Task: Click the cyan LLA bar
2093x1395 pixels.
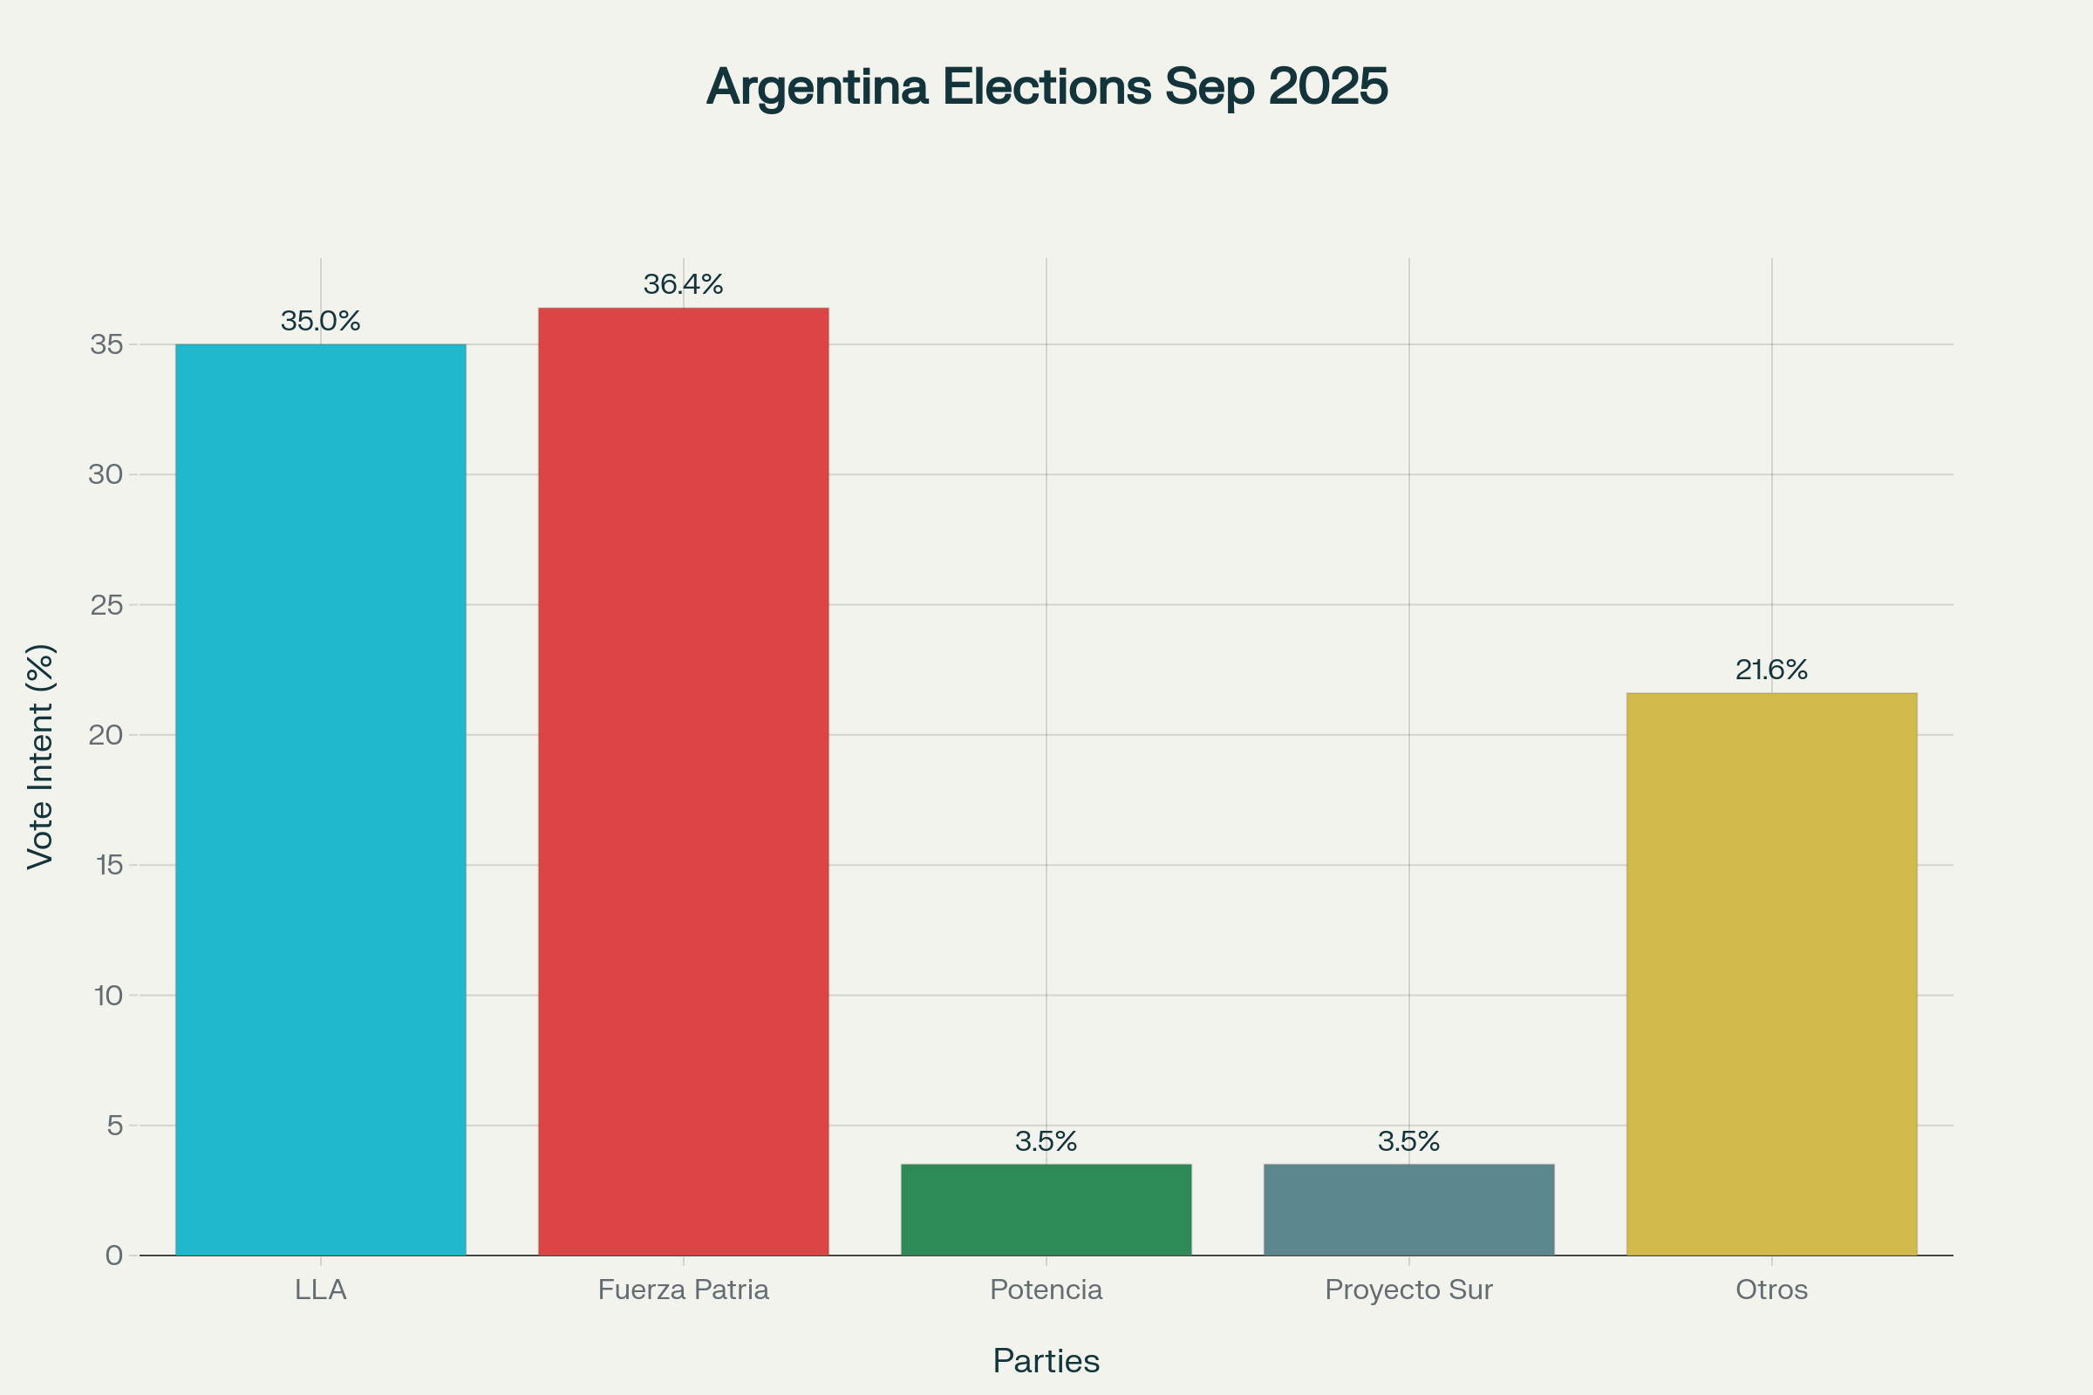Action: (320, 800)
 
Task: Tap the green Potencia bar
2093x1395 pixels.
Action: (1046, 1210)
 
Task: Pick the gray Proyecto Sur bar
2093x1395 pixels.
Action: (1408, 1210)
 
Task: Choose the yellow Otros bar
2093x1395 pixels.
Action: (1772, 974)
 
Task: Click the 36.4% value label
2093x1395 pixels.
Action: (684, 285)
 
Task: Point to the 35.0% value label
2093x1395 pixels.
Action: (320, 321)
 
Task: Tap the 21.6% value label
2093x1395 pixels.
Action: (1772, 670)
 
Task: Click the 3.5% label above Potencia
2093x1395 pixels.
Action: (1046, 1141)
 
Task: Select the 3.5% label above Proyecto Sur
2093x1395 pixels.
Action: (1408, 1141)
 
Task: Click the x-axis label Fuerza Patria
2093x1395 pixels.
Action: (684, 1290)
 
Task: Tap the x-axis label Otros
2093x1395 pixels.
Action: (1772, 1290)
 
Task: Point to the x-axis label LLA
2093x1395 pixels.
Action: (320, 1290)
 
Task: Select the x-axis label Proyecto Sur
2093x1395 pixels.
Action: (1408, 1290)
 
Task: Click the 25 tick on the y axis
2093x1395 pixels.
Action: (106, 605)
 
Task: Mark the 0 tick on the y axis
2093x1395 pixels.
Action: (114, 1255)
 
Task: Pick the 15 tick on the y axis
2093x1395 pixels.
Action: (108, 865)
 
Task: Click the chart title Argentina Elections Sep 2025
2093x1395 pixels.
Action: (1046, 86)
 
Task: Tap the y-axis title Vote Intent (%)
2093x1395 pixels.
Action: (41, 756)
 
